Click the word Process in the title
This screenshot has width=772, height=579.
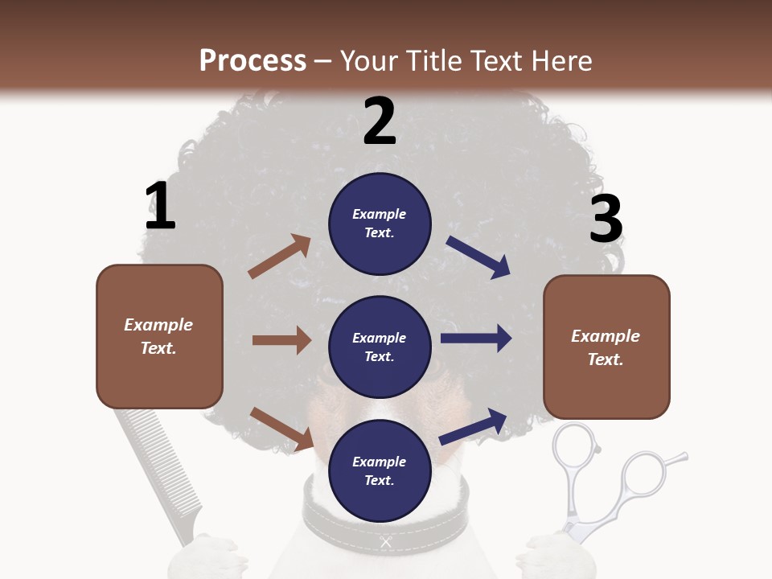coord(253,60)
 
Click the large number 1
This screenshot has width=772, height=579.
coord(160,206)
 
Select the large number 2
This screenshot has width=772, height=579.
coord(380,121)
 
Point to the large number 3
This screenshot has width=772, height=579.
coord(606,219)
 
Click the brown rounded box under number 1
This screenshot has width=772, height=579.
coord(159,336)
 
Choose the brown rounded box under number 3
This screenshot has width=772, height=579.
coord(606,347)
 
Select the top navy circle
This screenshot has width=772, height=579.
coord(380,223)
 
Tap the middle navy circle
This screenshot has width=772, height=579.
coord(380,347)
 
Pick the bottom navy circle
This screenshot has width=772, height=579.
coord(380,470)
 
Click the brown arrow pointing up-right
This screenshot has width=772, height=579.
coord(280,257)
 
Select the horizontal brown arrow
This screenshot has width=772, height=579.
coord(281,340)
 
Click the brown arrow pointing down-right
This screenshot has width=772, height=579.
coord(281,429)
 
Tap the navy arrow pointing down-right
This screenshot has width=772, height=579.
coord(478,257)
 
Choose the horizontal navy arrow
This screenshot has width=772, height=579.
coord(476,339)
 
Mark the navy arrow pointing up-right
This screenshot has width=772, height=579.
coord(473,426)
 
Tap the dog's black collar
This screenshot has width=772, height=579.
coord(322,515)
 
